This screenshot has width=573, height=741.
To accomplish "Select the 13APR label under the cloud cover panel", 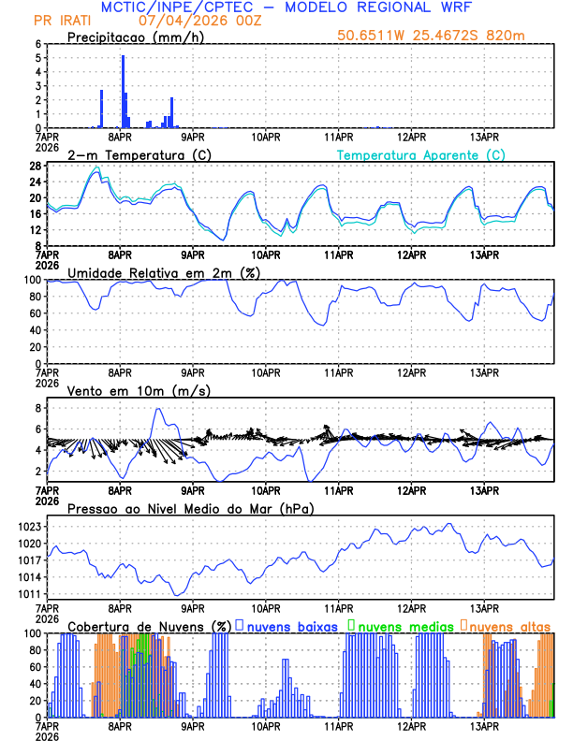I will pos(483,725).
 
